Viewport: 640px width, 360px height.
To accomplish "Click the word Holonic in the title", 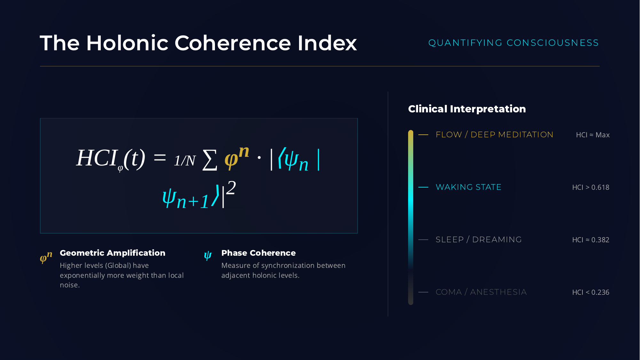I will pos(127,43).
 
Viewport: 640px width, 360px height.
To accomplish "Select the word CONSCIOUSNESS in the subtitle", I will pos(553,43).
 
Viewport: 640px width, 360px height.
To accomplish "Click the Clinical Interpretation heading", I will pos(467,109).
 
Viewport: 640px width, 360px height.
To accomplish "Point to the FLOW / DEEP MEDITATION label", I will pos(494,135).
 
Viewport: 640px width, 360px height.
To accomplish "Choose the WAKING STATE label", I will pos(468,187).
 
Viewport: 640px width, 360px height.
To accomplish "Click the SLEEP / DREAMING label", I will pos(478,240).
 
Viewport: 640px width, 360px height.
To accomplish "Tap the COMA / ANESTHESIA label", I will pos(481,292).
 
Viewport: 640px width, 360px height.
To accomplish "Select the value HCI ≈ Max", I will pos(593,135).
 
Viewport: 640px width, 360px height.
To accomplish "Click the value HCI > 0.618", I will pos(590,188).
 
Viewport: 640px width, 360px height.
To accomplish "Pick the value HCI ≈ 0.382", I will pos(590,240).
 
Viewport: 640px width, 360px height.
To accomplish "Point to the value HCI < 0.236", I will pos(590,292).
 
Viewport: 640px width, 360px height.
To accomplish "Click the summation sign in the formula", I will pos(210,160).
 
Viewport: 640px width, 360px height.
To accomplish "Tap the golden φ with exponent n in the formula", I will pos(236,157).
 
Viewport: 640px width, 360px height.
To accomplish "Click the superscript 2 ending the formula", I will pos(231,188).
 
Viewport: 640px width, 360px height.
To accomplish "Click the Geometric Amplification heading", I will pos(112,253).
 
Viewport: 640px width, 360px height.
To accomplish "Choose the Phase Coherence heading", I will pos(258,253).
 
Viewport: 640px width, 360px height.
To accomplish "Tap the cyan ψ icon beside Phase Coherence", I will pos(208,256).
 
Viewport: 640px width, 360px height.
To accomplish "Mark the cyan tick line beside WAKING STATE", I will pos(423,187).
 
